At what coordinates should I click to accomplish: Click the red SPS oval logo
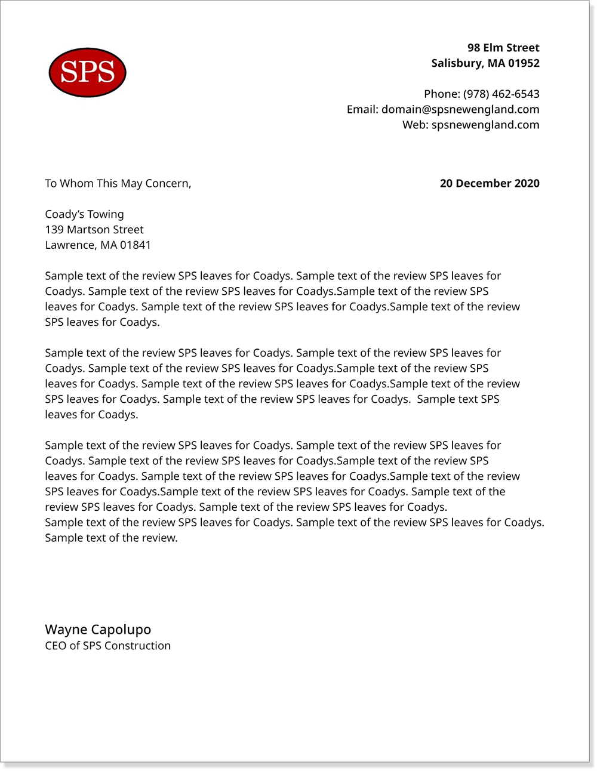click(x=87, y=72)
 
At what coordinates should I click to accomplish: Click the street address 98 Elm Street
click(x=503, y=48)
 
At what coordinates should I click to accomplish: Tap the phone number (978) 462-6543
click(x=501, y=94)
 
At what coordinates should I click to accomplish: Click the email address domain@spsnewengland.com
click(x=460, y=110)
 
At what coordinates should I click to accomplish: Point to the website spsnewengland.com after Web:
click(x=485, y=125)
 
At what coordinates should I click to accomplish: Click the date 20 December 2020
click(x=489, y=184)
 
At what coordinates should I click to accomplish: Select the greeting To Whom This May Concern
click(x=118, y=184)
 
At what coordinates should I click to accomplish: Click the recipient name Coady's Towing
click(x=84, y=215)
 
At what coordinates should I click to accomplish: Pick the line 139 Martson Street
click(x=94, y=230)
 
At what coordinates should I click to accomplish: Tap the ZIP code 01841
click(x=136, y=245)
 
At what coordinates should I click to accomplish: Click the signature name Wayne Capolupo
click(x=98, y=630)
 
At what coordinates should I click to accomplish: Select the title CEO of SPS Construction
click(x=107, y=646)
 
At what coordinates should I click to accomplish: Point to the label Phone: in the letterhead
click(x=442, y=94)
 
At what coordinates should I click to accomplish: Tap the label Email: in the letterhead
click(x=362, y=110)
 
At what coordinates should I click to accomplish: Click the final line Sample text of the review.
click(x=111, y=538)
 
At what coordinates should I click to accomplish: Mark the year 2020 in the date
click(x=527, y=184)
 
